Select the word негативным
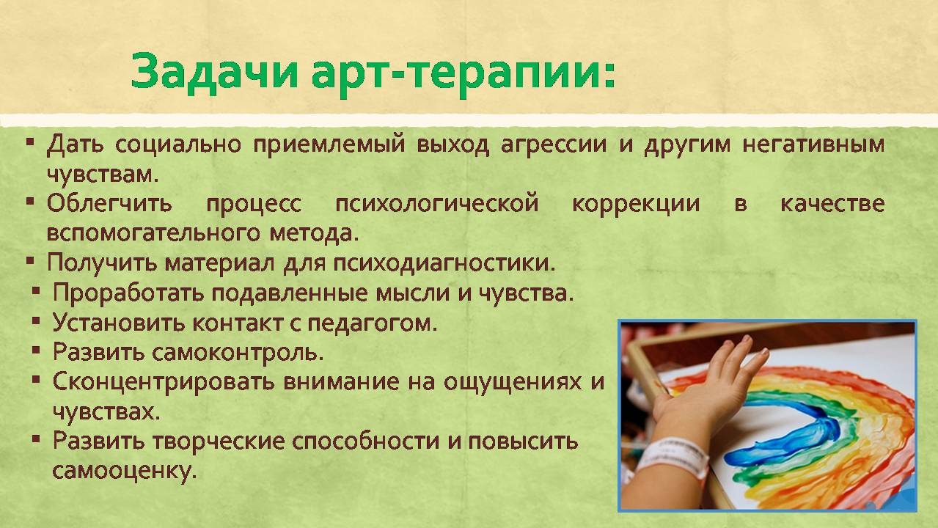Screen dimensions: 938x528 tap(813, 144)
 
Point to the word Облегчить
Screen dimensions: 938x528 tap(109, 204)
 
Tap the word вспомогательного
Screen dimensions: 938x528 tap(153, 233)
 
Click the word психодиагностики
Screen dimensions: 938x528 tap(444, 263)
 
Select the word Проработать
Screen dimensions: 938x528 tap(128, 293)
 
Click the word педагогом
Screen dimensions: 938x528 tap(373, 323)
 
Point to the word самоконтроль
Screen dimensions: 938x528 tap(238, 353)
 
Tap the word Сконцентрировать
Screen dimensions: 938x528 tap(164, 382)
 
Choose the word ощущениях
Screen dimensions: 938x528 tap(513, 382)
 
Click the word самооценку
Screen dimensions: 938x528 tap(125, 472)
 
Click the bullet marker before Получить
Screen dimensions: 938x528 tap(30, 261)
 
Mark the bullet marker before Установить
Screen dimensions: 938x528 tap(36, 321)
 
